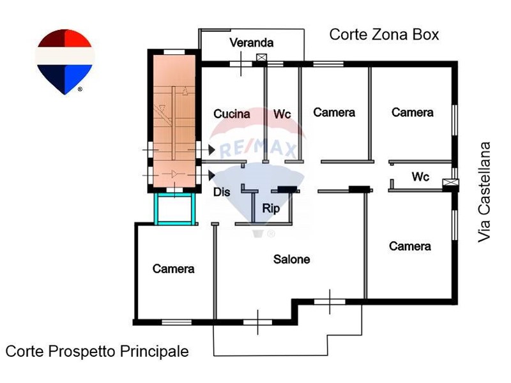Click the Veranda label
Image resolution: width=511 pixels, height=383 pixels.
252,43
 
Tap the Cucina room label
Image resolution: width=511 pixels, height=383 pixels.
232,114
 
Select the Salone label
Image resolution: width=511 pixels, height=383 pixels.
292,259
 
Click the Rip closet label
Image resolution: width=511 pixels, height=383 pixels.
270,208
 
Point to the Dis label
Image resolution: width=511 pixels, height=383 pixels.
222,191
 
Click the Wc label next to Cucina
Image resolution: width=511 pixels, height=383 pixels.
282,114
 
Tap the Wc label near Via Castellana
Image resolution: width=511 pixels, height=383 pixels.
420,177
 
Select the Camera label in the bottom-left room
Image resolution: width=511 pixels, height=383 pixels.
173,269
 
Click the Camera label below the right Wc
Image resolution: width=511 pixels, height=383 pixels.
410,246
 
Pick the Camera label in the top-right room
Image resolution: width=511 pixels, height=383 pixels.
413,112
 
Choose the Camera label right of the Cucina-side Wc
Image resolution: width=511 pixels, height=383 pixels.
334,112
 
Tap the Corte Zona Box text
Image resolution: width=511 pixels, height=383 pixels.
384,34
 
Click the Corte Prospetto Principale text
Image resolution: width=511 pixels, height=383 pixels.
97,351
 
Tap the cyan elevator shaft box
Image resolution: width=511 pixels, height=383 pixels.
174,210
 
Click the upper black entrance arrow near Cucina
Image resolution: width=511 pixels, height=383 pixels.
210,150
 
